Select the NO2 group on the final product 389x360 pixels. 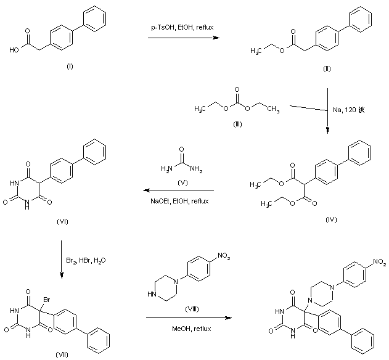(x=378, y=263)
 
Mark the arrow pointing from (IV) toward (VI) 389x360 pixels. (x=176, y=190)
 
